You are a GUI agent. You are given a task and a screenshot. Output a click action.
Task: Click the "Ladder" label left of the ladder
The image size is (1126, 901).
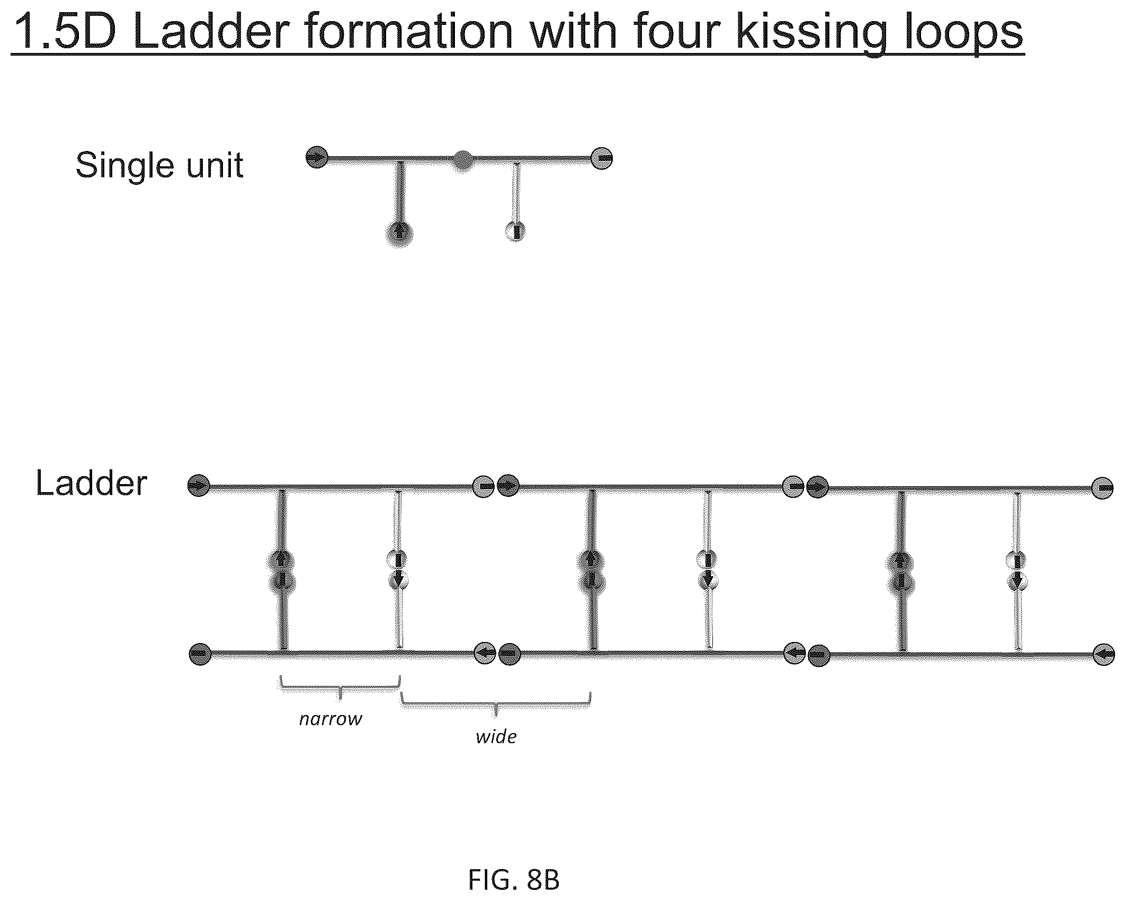[91, 483]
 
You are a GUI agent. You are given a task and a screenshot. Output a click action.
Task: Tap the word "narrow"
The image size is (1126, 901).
[331, 719]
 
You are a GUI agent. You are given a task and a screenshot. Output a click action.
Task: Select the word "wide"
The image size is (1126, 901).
[496, 737]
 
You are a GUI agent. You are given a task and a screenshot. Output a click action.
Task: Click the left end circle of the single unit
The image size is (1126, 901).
[317, 157]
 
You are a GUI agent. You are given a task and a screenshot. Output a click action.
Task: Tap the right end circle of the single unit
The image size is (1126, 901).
[602, 158]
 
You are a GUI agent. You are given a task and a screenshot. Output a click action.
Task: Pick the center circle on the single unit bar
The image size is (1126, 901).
[462, 159]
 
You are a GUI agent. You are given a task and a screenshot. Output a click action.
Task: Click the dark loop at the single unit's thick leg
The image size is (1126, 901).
[399, 234]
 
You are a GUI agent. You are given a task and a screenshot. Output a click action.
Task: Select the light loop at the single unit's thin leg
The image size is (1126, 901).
[515, 231]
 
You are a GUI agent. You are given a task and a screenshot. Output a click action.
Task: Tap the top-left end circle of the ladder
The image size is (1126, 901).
[199, 485]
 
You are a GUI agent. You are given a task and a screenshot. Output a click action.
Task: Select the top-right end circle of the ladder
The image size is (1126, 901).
[1102, 488]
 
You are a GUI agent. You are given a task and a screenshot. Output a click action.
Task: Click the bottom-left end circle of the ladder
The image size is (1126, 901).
[200, 655]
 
